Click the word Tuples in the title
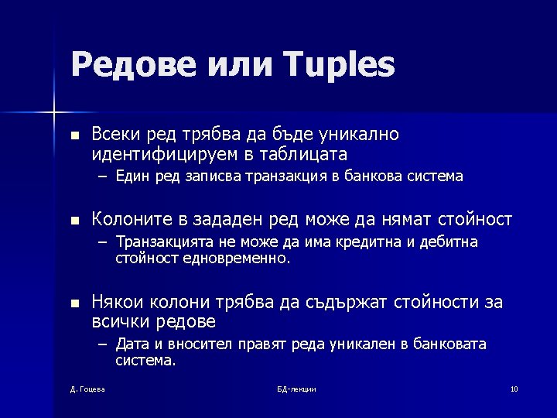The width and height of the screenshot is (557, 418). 340,65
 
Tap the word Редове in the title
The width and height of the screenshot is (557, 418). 132,65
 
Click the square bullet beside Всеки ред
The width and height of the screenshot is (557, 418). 74,135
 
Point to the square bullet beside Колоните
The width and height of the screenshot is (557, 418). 74,221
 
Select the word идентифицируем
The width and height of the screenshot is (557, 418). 165,154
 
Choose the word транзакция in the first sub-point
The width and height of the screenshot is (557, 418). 284,176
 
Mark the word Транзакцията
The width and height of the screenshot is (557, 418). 162,243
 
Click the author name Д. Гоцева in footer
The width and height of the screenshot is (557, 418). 87,389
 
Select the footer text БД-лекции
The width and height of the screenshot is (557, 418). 296,389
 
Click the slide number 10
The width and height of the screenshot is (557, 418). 514,389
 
